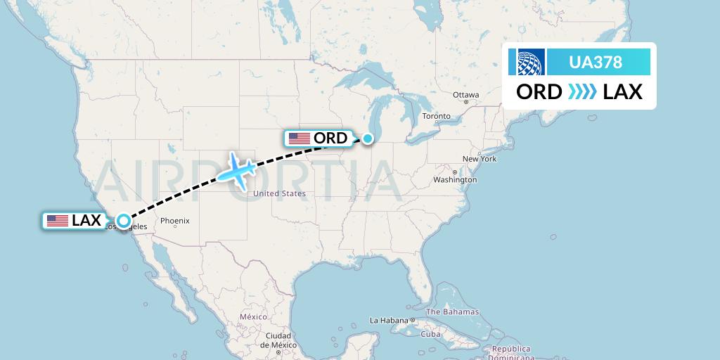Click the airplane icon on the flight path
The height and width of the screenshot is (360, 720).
[237, 169]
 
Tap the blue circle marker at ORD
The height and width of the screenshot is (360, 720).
[368, 139]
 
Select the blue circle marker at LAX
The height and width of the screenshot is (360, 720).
[124, 221]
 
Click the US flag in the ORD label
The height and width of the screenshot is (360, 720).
[299, 139]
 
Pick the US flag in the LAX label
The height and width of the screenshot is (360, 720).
[57, 221]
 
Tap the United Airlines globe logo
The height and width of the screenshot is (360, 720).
[531, 62]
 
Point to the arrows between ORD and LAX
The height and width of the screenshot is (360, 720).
[582, 92]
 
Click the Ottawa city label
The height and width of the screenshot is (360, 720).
[465, 95]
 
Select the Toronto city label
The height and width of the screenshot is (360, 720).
[436, 116]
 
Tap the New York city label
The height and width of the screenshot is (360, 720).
[480, 159]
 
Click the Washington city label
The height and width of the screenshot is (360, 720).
[455, 180]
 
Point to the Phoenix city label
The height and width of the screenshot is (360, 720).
[174, 221]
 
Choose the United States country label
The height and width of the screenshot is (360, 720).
[279, 193]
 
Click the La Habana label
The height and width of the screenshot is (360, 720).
[389, 321]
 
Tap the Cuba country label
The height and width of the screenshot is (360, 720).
[430, 334]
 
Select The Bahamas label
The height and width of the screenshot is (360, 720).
[452, 311]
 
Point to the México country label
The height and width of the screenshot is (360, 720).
[253, 317]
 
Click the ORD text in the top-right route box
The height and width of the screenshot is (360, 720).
[539, 92]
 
